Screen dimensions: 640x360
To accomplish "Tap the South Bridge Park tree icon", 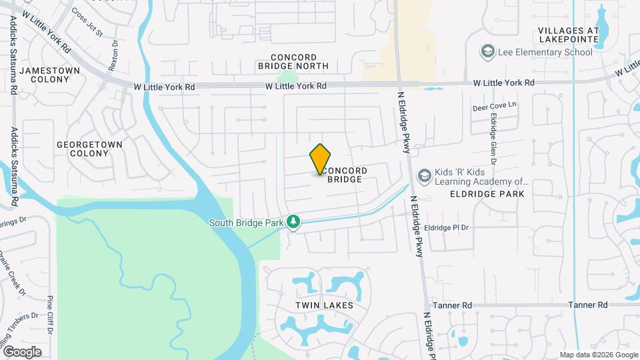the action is pos(293,221).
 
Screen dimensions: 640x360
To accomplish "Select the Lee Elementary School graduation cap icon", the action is pos(488,51).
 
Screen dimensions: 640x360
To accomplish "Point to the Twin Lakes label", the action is pos(324,305).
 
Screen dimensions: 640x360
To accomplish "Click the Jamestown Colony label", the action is pos(49,75).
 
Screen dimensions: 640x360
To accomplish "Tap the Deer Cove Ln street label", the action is pos(495,105).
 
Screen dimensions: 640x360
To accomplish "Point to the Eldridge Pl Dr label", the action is pos(447,227).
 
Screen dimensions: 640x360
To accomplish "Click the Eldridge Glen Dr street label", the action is pos(493,139).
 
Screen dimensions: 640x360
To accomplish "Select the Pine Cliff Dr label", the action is pos(50,317).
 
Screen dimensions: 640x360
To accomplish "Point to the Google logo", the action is pos(22,351).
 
